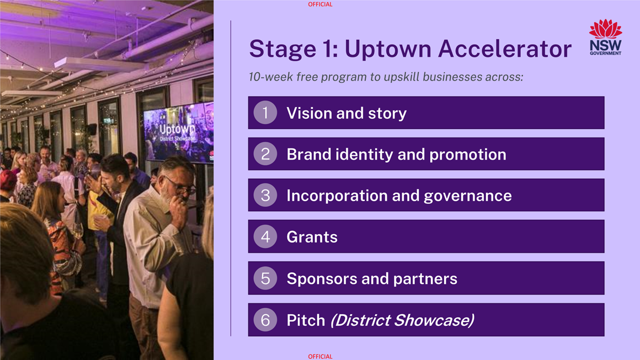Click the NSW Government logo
(605, 37)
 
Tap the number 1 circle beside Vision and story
(265, 113)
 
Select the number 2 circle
(265, 153)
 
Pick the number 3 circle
(265, 195)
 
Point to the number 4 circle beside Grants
(265, 236)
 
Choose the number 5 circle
(265, 278)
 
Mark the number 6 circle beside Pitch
(265, 320)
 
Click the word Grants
(312, 237)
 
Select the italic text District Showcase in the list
(402, 320)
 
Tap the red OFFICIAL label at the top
(321, 4)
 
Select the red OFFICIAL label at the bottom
(321, 357)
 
